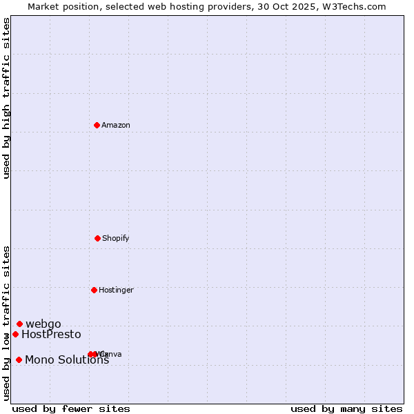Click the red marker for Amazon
[x=97, y=125]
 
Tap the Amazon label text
[x=116, y=125]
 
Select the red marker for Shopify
[x=97, y=238]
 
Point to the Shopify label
[x=116, y=238]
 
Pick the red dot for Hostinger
[x=94, y=290]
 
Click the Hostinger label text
[x=116, y=290]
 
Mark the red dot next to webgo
[x=19, y=324]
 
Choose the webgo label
[x=43, y=324]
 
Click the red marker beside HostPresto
[x=15, y=334]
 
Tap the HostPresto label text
[x=51, y=335]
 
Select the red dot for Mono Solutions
[x=19, y=359]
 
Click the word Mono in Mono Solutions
[x=38, y=359]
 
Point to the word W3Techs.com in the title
[x=360, y=6]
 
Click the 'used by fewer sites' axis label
[x=71, y=408]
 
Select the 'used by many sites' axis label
[x=346, y=408]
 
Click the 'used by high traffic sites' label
[x=6, y=98]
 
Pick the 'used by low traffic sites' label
[x=6, y=323]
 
